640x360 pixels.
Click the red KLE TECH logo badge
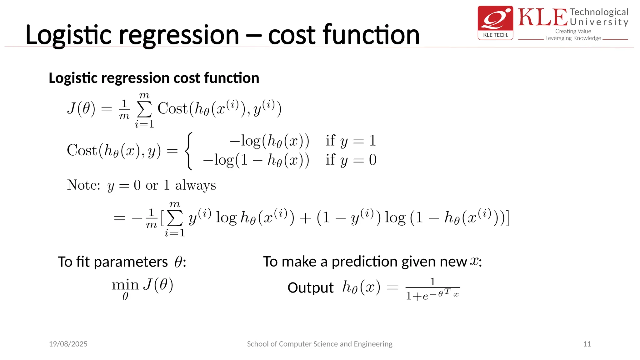click(495, 22)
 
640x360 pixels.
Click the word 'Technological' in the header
click(599, 12)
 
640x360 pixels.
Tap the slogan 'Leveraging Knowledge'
click(573, 38)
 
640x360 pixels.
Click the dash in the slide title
click(253, 36)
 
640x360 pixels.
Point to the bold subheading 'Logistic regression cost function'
click(154, 78)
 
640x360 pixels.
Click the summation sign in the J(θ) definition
click(144, 109)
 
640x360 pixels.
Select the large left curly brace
click(188, 151)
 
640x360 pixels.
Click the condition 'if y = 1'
click(351, 141)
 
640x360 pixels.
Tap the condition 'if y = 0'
click(351, 160)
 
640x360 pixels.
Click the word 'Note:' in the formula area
click(83, 185)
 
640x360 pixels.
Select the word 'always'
click(195, 185)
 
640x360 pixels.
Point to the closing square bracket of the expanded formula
click(507, 218)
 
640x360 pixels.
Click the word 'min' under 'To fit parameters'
click(125, 285)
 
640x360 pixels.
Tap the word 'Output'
click(310, 287)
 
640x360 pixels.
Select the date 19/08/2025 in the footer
click(68, 344)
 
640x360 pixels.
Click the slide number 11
click(587, 344)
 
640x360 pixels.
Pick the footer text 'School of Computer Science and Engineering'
click(319, 344)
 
